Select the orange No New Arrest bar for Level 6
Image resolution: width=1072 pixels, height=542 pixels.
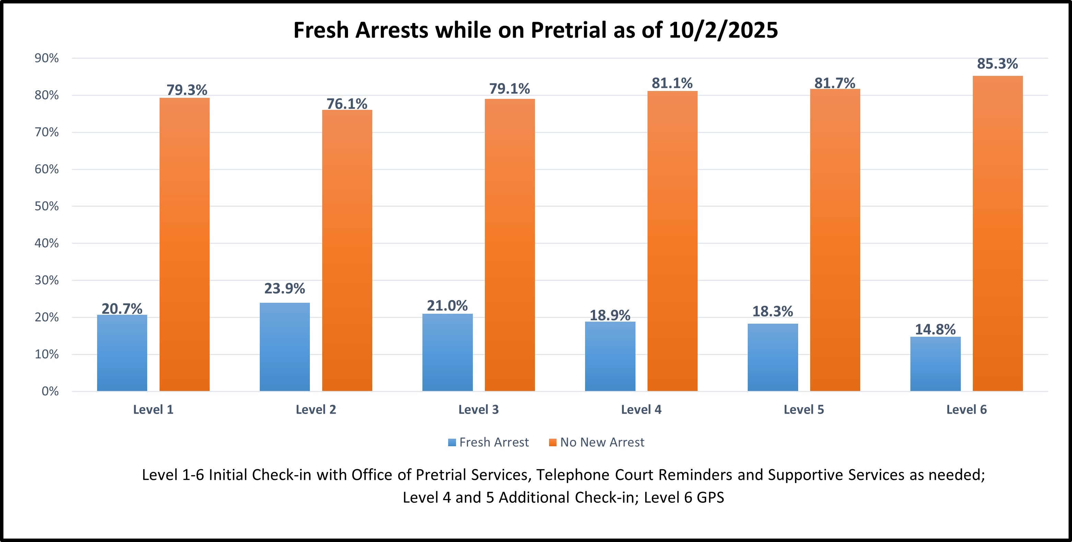[998, 233]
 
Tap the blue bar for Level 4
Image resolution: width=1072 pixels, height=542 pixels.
[610, 356]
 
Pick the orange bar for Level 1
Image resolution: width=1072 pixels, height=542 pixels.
[184, 244]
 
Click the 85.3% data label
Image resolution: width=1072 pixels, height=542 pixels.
[998, 64]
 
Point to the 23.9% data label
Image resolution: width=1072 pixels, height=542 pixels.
[285, 288]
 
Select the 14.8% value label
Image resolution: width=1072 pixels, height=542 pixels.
[935, 329]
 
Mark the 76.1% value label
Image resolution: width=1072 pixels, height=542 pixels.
[347, 104]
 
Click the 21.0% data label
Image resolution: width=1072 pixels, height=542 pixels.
[447, 305]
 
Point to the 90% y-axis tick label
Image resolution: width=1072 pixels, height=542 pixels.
[47, 58]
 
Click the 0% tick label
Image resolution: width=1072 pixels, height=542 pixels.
[50, 391]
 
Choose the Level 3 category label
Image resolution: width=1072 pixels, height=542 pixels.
[478, 410]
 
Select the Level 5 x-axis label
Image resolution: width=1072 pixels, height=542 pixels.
[804, 410]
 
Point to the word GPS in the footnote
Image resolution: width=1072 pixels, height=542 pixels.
[710, 497]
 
